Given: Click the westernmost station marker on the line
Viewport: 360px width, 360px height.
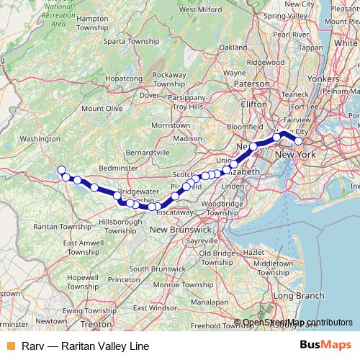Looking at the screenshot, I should (61, 171).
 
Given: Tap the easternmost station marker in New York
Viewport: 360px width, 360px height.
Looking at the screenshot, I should (299, 141).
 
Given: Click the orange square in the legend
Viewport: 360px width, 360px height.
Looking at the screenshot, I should (9, 346).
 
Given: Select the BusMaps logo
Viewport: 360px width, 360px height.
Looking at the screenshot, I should (327, 346).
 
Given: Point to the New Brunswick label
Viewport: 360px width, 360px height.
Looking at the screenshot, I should (180, 229).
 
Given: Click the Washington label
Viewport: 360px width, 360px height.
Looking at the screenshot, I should (40, 138).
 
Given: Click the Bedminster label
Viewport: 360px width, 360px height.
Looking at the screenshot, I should (117, 167).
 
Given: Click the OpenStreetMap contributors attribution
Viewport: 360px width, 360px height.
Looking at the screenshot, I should (297, 323).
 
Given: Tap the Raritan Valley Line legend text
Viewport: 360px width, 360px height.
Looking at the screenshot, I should (85, 346).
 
